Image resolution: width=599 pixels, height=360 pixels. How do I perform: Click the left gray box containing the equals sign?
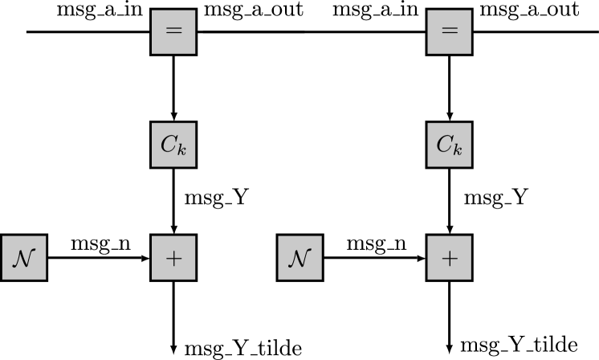(173, 32)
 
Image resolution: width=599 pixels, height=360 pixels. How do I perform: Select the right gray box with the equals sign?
(449, 32)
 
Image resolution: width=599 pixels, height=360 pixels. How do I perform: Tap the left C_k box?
(173, 145)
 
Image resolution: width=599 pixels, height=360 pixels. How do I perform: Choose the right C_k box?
(449, 145)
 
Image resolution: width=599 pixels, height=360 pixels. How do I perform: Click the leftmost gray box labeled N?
(24, 258)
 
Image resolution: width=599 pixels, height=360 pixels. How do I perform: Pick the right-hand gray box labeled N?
(299, 258)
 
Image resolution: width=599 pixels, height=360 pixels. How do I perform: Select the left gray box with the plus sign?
(173, 258)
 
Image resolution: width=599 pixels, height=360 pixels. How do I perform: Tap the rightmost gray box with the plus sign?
(449, 258)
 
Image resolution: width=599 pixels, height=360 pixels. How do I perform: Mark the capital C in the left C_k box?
(169, 144)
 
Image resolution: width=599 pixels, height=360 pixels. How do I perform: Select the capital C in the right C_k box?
(444, 144)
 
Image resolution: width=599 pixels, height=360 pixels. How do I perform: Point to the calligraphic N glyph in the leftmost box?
(24, 258)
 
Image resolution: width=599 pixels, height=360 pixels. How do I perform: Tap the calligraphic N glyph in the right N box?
(299, 258)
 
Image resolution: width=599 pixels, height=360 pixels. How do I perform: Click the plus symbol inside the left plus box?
(173, 258)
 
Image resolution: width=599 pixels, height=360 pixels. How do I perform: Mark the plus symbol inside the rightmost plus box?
(449, 258)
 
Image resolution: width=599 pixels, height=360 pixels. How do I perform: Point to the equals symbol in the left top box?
(173, 32)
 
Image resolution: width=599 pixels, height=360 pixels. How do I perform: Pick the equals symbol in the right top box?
(449, 32)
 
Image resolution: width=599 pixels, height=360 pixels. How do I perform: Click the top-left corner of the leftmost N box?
(3, 237)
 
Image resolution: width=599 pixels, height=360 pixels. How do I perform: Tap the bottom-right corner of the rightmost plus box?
(470, 278)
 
